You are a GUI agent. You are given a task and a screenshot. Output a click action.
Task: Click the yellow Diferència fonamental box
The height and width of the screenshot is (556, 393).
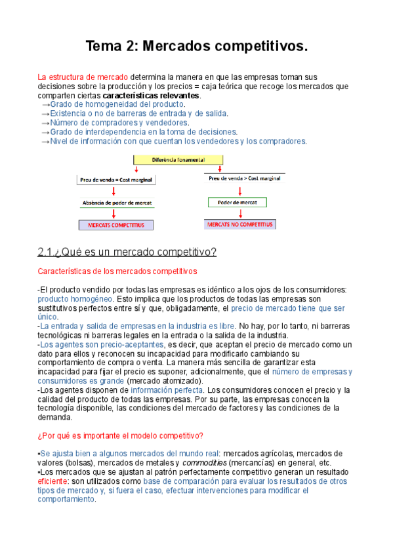click(178, 159)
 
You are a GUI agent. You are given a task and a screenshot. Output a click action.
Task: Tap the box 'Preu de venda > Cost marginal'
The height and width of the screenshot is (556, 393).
click(243, 178)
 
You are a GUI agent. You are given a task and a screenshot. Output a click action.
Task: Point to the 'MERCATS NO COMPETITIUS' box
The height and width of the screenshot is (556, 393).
click(241, 224)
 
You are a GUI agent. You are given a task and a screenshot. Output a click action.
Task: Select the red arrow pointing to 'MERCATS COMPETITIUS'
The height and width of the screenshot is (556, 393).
click(115, 214)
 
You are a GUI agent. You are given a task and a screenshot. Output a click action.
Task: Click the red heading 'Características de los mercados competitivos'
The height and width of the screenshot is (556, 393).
click(117, 271)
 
